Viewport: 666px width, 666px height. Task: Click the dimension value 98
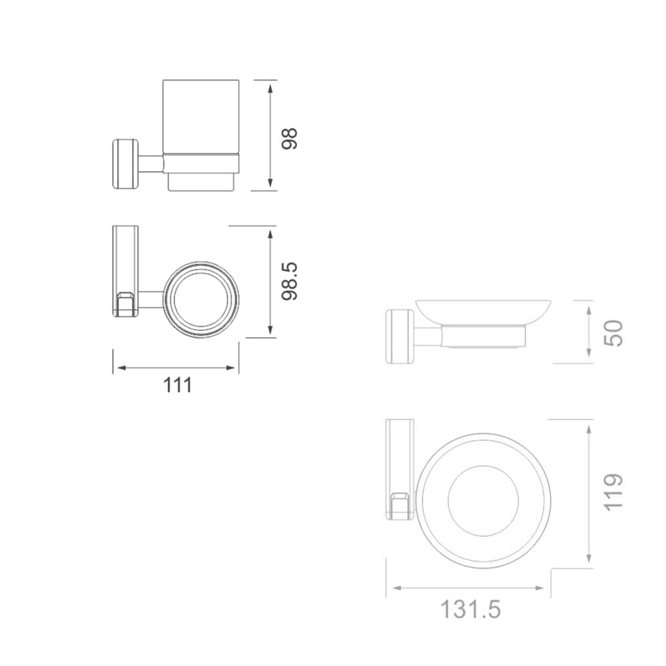point(290,139)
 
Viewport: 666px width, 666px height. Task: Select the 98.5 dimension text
point(290,282)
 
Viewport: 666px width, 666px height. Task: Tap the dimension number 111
point(178,385)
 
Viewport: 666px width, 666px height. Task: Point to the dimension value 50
point(613,333)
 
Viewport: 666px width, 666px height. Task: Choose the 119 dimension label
point(613,492)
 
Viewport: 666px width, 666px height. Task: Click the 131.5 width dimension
point(471,609)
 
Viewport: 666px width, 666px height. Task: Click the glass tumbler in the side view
point(201,115)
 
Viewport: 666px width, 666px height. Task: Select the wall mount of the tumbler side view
point(125,164)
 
